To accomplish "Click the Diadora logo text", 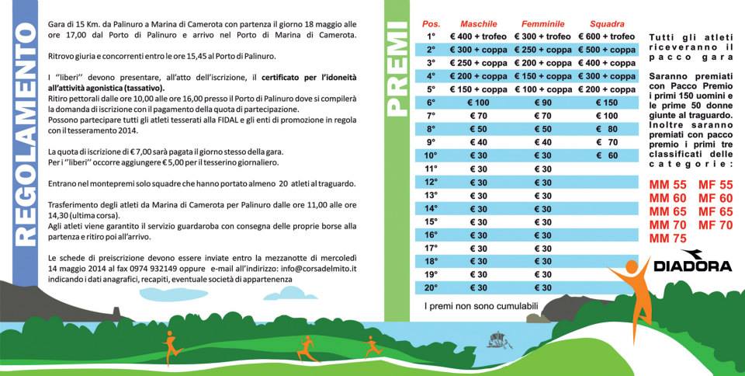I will click(692, 266).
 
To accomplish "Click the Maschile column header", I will click(478, 24).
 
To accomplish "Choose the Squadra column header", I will click(606, 24).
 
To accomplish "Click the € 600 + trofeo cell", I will click(607, 37).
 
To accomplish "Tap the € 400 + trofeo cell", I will click(478, 37).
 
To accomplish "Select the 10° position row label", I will click(431, 155).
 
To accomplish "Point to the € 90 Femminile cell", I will click(542, 103).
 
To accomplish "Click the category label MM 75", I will click(667, 238).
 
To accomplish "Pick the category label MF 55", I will click(715, 185).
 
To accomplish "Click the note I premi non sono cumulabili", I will click(480, 306).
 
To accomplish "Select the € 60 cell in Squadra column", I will click(607, 155).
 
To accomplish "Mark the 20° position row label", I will click(431, 287).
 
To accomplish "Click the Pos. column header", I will click(431, 24).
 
